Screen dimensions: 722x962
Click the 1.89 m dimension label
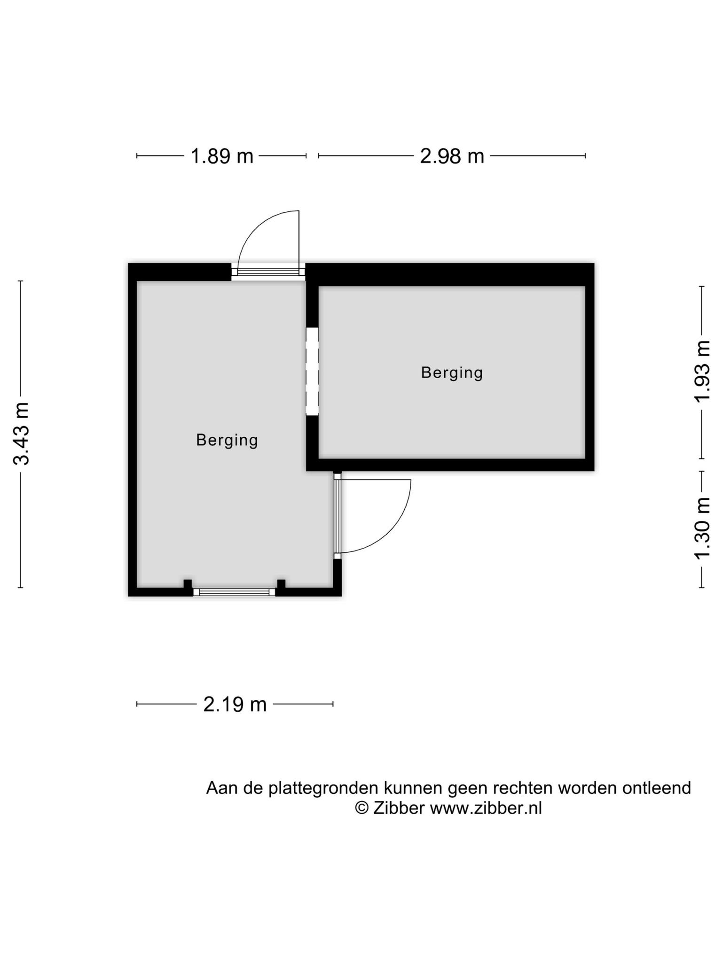coord(221,156)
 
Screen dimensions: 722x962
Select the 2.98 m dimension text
coord(452,156)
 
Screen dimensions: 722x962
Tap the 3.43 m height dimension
coord(22,434)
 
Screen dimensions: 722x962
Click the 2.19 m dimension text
coord(235,705)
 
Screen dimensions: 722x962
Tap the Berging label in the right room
coord(452,373)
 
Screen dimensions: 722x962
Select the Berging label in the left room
coord(227,441)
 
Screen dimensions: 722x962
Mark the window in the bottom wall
coord(235,592)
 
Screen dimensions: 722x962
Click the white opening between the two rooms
coord(312,371)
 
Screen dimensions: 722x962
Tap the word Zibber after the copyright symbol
coord(399,808)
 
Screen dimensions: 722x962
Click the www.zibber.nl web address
coord(486,808)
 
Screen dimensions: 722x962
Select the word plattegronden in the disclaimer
coord(323,788)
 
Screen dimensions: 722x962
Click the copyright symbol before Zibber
coord(361,808)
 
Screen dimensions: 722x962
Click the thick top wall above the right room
coord(450,275)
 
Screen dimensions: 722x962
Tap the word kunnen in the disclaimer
coord(412,788)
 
